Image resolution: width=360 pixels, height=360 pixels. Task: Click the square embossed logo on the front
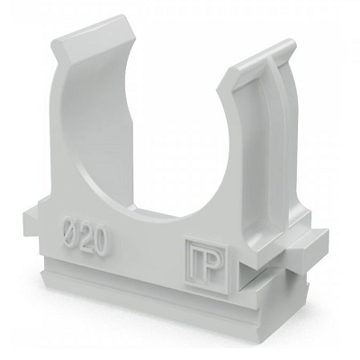[x=207, y=265]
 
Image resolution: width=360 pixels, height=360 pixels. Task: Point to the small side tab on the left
[x=30, y=219]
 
